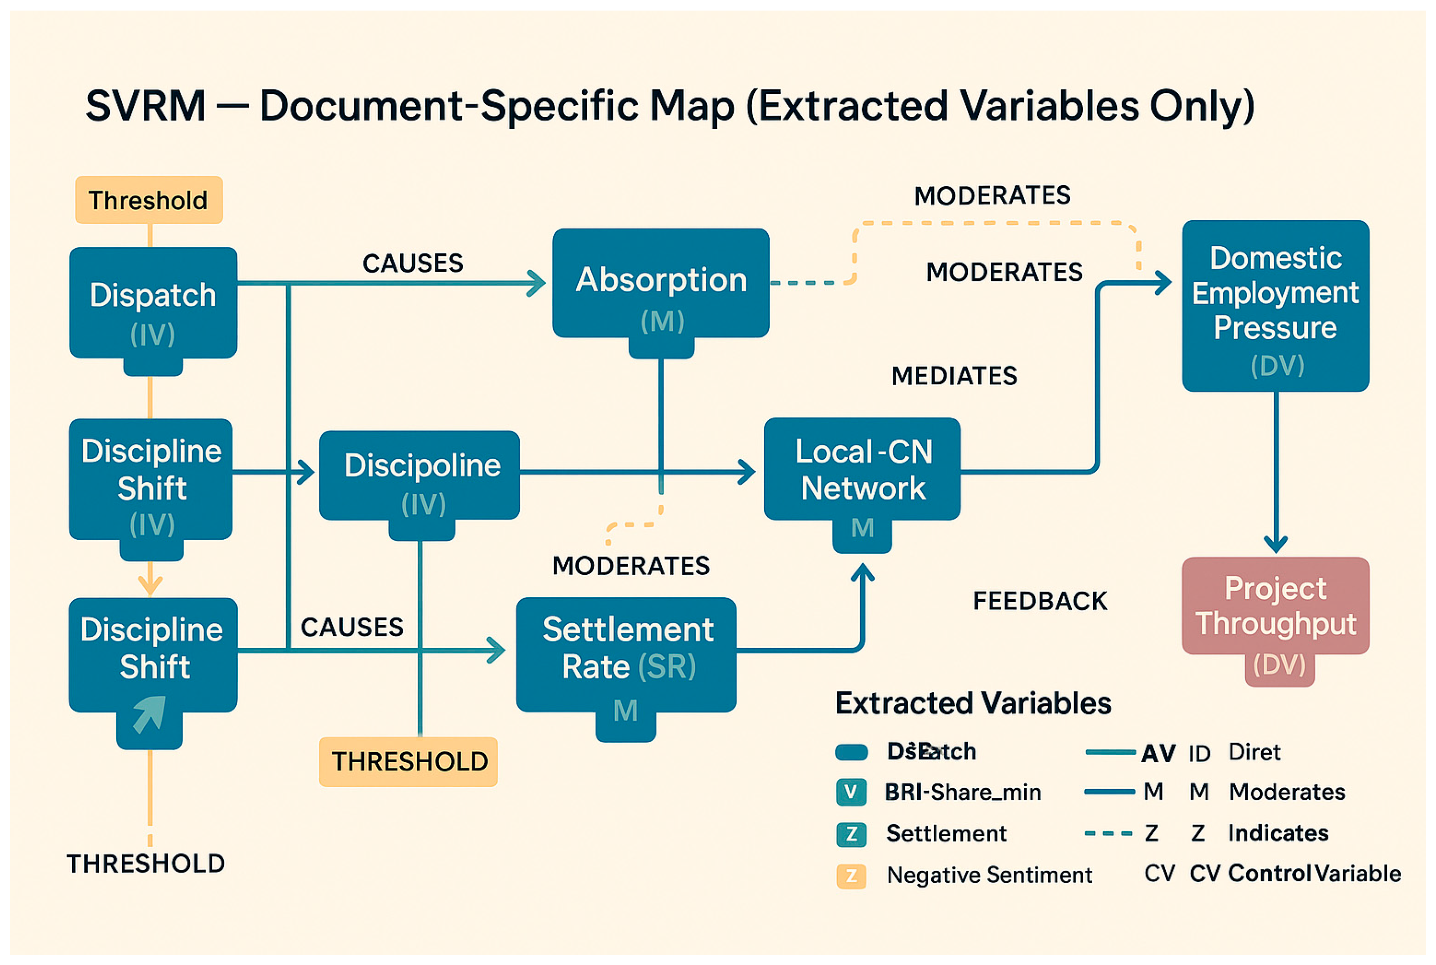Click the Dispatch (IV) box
coord(153,303)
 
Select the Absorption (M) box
coord(660,284)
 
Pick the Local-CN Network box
coord(862,469)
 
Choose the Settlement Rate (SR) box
coord(626,654)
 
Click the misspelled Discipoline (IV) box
coord(420,475)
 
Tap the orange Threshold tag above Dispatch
coord(148,200)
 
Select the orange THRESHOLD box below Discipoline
coord(409,762)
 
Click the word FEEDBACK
coord(1039,601)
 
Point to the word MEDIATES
coord(954,376)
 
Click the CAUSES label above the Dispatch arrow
coord(412,263)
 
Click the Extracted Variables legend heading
coord(972,703)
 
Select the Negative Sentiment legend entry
coord(988,874)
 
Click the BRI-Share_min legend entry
coord(962,792)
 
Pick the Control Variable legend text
coord(1314,874)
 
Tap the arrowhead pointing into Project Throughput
coord(1276,545)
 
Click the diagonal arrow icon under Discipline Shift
coord(149,714)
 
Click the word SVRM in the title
coord(145,106)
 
